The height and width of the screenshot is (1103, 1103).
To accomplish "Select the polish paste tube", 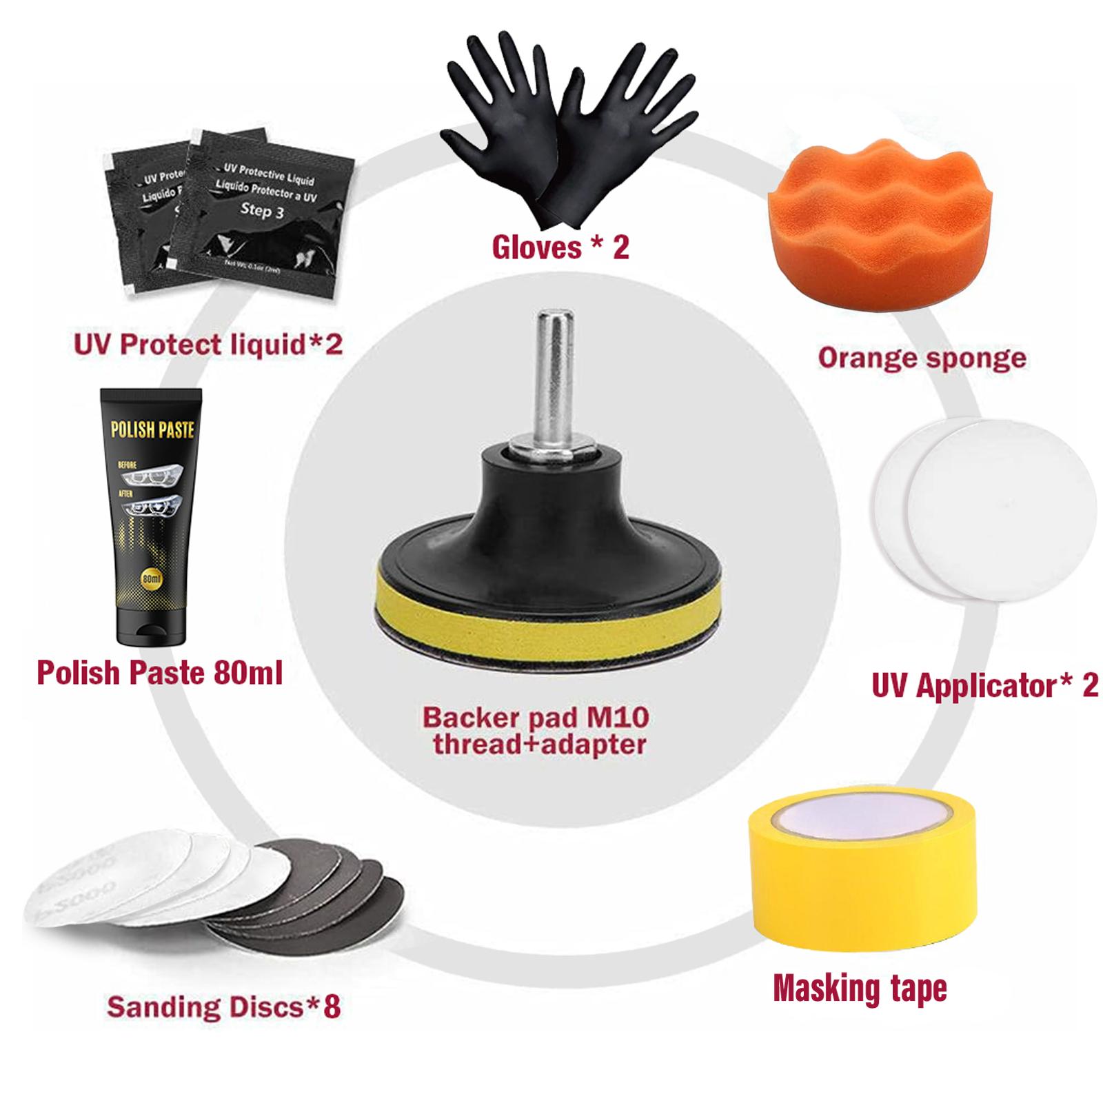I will click(x=152, y=517).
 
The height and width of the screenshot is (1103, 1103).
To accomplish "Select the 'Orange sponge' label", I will click(x=922, y=358).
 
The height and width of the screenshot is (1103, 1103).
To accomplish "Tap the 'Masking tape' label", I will click(x=860, y=988).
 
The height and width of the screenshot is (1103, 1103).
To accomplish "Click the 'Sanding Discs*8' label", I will click(x=223, y=1007).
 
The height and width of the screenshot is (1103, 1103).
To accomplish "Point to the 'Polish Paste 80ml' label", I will click(x=159, y=673).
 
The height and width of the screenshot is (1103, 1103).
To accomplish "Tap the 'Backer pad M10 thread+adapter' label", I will click(x=536, y=730).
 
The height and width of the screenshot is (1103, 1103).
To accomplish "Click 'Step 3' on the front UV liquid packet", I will click(x=261, y=210).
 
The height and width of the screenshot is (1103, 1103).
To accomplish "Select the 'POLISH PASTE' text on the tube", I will click(x=152, y=431).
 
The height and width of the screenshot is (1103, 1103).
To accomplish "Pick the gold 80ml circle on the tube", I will click(x=151, y=577).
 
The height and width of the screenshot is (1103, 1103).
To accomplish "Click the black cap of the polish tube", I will click(x=152, y=627).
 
